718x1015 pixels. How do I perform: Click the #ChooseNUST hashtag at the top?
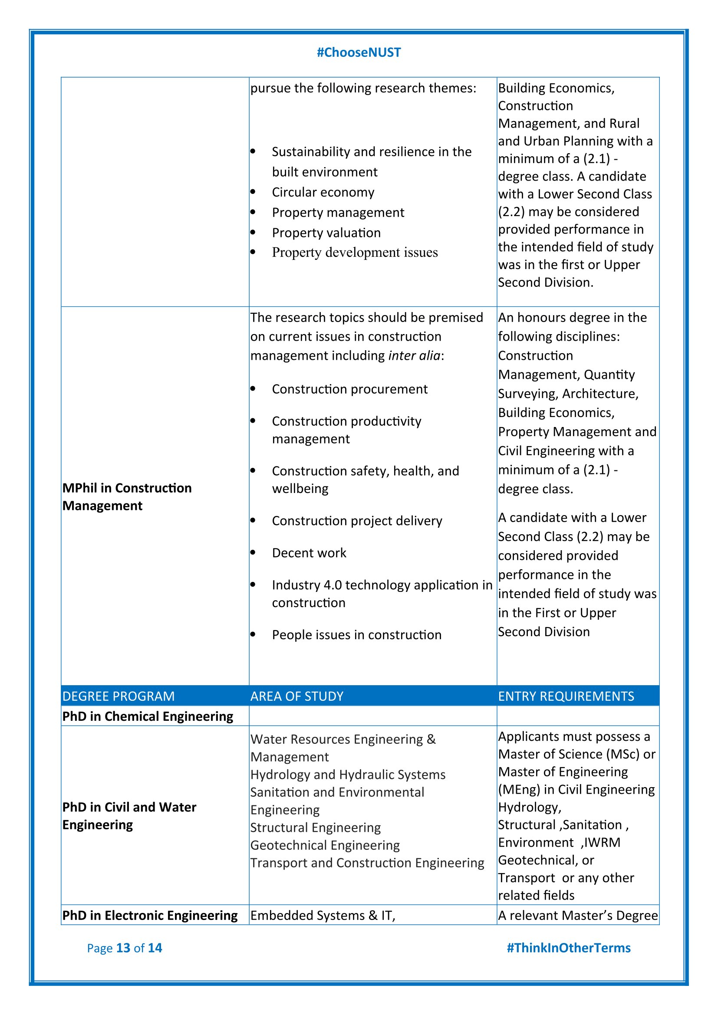pyautogui.click(x=359, y=53)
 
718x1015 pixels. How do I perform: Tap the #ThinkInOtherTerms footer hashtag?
pyautogui.click(x=568, y=948)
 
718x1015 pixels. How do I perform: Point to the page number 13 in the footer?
pyautogui.click(x=123, y=948)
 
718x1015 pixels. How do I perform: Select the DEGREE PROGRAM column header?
pyautogui.click(x=119, y=696)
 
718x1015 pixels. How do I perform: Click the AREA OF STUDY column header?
pyautogui.click(x=296, y=696)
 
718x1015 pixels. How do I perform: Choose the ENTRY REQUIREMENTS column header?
pyautogui.click(x=566, y=696)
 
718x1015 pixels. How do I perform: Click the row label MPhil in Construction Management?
pyautogui.click(x=127, y=496)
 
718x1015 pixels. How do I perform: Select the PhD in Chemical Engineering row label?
pyautogui.click(x=148, y=716)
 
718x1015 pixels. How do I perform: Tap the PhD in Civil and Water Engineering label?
pyautogui.click(x=129, y=816)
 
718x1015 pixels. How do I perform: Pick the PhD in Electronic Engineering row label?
pyautogui.click(x=150, y=915)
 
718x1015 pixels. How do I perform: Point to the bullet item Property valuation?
pyautogui.click(x=326, y=233)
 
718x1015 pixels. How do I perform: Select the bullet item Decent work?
pyautogui.click(x=309, y=553)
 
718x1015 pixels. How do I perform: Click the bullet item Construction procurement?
pyautogui.click(x=350, y=389)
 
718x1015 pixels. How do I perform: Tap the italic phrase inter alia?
pyautogui.click(x=414, y=356)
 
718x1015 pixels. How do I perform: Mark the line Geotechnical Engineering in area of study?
pyautogui.click(x=325, y=845)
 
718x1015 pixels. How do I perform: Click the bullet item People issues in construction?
pyautogui.click(x=357, y=635)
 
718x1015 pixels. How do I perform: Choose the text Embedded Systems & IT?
pyautogui.click(x=323, y=915)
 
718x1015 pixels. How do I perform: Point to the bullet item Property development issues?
pyautogui.click(x=355, y=253)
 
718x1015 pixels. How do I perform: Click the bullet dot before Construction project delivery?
pyautogui.click(x=253, y=521)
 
